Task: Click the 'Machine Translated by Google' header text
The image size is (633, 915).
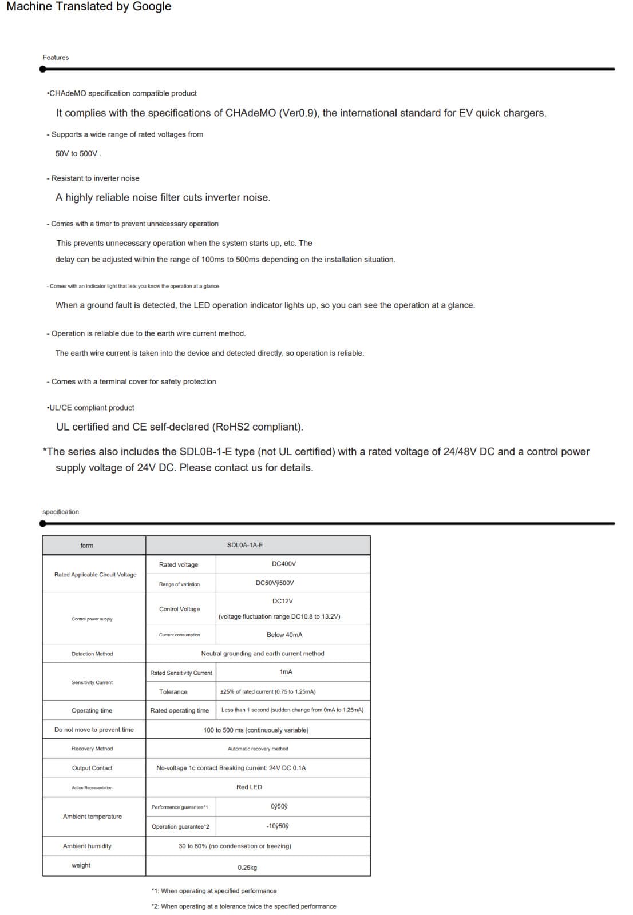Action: [89, 7]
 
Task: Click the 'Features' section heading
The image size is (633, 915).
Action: [56, 58]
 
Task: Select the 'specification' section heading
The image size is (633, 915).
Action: [61, 512]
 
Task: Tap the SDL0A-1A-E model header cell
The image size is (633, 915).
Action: [245, 545]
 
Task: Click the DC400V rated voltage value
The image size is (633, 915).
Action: [284, 564]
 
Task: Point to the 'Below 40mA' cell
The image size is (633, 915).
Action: [284, 635]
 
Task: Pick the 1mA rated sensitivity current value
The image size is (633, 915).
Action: [286, 672]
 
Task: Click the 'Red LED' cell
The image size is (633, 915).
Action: [249, 787]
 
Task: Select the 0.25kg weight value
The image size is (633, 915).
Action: [247, 868]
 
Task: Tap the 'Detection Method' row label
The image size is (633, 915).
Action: [92, 654]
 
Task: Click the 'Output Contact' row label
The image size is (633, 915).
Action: [92, 768]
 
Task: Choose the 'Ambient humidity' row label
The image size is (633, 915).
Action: [87, 846]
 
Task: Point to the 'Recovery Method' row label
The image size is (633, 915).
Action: [92, 749]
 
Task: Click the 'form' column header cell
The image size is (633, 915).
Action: [87, 546]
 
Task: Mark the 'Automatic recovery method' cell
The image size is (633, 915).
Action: [258, 749]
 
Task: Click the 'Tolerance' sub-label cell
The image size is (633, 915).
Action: [173, 692]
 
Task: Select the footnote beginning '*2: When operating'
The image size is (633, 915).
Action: [244, 906]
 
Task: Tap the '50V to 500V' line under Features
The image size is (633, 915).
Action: [78, 154]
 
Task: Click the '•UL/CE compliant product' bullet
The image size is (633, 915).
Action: [90, 408]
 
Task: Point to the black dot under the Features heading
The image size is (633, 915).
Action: [43, 69]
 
